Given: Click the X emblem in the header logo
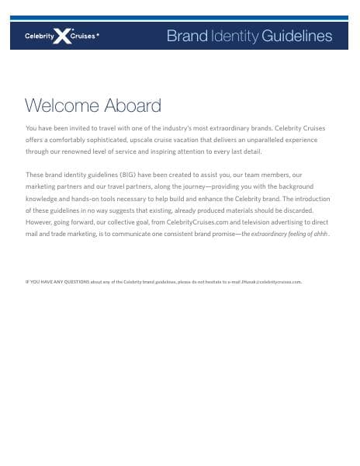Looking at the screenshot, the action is tap(61, 35).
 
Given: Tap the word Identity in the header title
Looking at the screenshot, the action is tap(235, 36).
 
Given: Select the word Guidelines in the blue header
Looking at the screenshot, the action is tap(297, 36).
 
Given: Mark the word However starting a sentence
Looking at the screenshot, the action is tap(40, 222).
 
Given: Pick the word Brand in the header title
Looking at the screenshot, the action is tap(187, 36).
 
